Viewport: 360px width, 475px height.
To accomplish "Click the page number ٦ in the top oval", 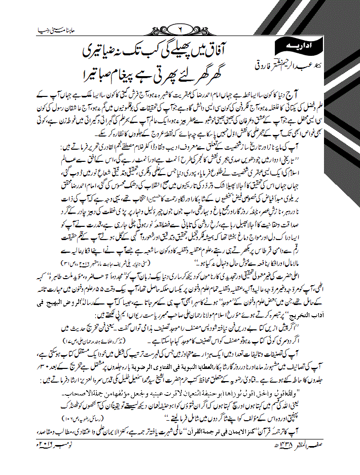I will click(x=181, y=26).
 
